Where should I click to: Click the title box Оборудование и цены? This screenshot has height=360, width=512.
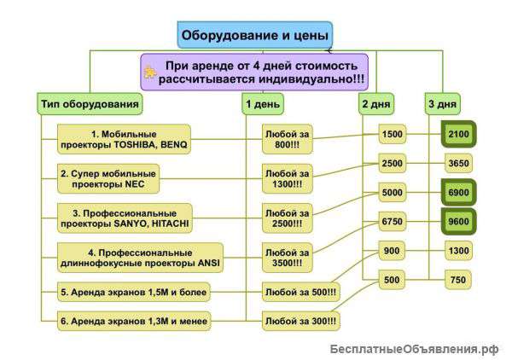click(x=254, y=35)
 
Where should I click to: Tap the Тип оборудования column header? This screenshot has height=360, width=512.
click(x=90, y=104)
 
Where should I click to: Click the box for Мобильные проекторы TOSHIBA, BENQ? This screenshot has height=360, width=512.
click(x=124, y=138)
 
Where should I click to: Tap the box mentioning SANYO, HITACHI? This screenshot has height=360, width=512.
click(x=125, y=218)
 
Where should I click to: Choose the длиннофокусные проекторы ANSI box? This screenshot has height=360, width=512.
click(x=140, y=257)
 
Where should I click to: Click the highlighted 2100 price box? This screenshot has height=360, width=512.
click(x=458, y=135)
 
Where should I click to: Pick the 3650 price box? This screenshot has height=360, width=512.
click(x=458, y=163)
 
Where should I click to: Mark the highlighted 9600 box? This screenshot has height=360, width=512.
click(x=458, y=222)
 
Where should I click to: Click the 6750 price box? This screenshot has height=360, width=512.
click(x=393, y=222)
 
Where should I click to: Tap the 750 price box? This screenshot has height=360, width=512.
click(x=458, y=280)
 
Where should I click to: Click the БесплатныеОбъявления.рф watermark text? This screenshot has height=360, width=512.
click(x=414, y=348)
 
